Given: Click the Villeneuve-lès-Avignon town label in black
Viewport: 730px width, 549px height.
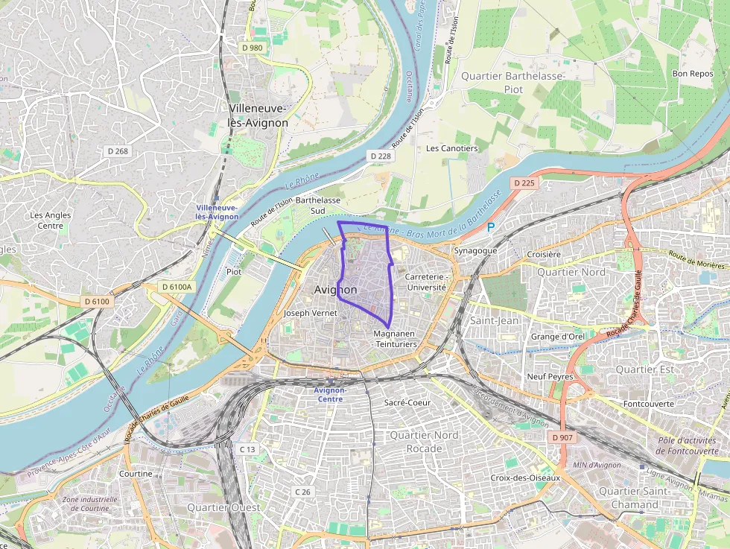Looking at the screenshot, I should pyautogui.click(x=258, y=115).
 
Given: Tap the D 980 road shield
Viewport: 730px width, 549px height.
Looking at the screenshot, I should pyautogui.click(x=253, y=48).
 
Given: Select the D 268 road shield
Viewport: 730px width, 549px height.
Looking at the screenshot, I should pyautogui.click(x=118, y=151).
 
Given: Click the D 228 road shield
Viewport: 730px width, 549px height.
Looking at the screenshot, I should pyautogui.click(x=380, y=156).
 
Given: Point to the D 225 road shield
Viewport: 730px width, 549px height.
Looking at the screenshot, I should pyautogui.click(x=524, y=183).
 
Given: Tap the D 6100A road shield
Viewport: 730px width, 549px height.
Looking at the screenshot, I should pyautogui.click(x=177, y=287).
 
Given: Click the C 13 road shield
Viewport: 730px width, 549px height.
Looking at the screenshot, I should pyautogui.click(x=247, y=449).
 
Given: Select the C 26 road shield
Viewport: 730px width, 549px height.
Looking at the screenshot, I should pyautogui.click(x=302, y=492).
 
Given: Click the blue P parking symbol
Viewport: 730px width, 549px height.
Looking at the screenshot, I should pyautogui.click(x=490, y=227).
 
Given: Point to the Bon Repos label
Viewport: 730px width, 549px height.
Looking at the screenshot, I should pyautogui.click(x=692, y=74).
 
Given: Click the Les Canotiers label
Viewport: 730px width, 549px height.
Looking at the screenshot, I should pyautogui.click(x=451, y=148).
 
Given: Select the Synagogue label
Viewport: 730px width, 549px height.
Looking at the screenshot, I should pyautogui.click(x=475, y=251).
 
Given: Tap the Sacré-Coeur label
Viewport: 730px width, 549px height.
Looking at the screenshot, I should pyautogui.click(x=407, y=402).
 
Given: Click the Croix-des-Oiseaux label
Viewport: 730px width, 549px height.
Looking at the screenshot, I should pyautogui.click(x=525, y=477).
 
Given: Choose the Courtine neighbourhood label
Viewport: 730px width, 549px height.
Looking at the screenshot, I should pyautogui.click(x=136, y=474).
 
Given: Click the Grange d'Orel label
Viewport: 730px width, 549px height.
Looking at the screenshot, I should pyautogui.click(x=557, y=337).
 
